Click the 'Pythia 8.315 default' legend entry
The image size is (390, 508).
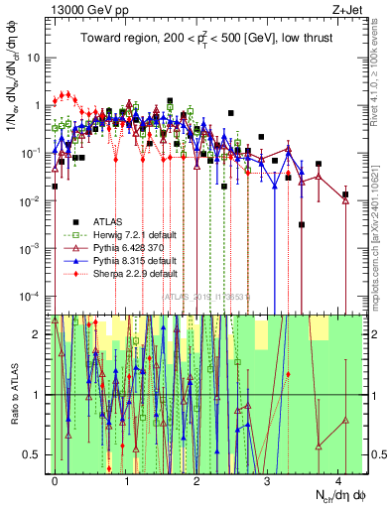[x=133, y=258]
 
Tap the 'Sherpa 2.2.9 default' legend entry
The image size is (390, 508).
[x=135, y=270]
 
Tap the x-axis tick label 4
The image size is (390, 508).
[x=338, y=479]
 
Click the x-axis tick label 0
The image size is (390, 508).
[x=55, y=479]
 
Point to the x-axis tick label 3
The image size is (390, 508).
[x=267, y=479]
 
